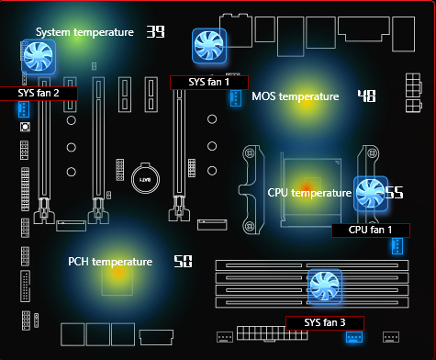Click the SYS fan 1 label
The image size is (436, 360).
click(209, 83)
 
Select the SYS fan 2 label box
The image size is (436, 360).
click(39, 94)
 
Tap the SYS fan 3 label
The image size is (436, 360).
click(325, 323)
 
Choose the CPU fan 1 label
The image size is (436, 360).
click(371, 231)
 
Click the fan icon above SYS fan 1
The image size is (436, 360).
click(209, 46)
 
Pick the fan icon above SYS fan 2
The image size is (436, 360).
click(39, 57)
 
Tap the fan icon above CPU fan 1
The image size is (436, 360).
click(371, 194)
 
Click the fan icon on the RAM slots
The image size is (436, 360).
click(325, 287)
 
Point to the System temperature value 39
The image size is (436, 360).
click(155, 31)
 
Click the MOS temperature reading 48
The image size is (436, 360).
click(367, 96)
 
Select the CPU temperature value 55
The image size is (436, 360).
click(394, 193)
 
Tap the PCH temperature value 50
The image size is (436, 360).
click(183, 262)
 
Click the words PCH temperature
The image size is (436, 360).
click(110, 262)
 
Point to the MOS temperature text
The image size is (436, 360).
click(296, 96)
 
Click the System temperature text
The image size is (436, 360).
click(84, 32)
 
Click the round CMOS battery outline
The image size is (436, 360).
click(145, 178)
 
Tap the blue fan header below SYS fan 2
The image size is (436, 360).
click(24, 109)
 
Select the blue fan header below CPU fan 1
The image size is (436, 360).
click(397, 246)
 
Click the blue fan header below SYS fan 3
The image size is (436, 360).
click(354, 337)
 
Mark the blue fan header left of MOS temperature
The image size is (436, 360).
click(236, 98)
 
